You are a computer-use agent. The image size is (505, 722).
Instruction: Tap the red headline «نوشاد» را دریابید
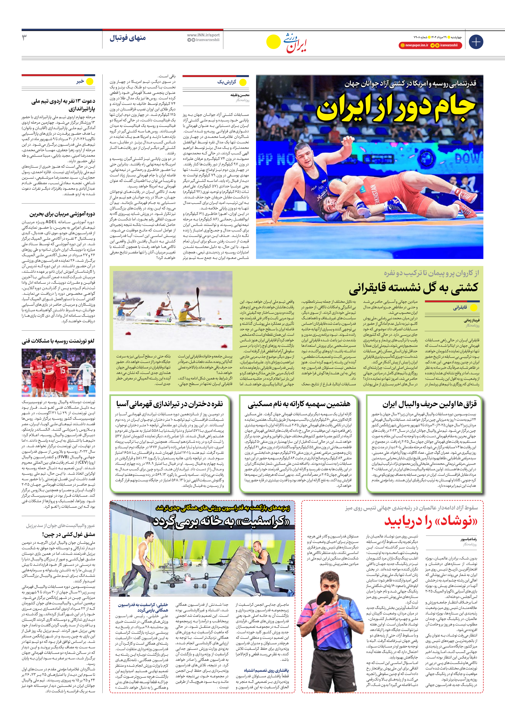coord(430,521)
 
